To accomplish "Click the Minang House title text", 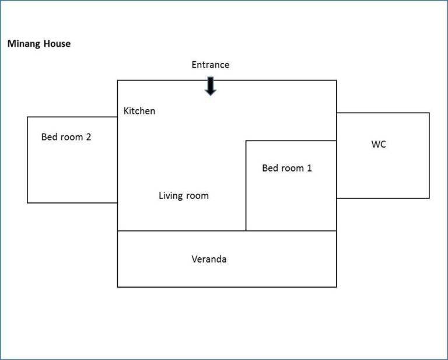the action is [x=39, y=44].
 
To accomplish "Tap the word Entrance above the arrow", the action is [x=210, y=65].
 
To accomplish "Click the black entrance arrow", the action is [x=211, y=86].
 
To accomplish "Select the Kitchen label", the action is [x=139, y=111].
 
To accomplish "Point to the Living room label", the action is [x=184, y=195].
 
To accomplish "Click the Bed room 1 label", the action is [x=287, y=168].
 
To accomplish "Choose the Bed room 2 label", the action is [x=66, y=137].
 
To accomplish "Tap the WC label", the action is [x=379, y=144].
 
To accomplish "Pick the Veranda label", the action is [x=209, y=259].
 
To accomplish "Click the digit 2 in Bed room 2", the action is [x=89, y=137].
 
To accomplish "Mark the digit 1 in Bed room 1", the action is [x=309, y=168].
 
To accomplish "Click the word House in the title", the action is [x=57, y=44].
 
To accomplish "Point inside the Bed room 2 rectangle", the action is [x=72, y=172].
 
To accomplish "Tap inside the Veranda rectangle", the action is [x=227, y=274].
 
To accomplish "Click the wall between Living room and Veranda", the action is [x=182, y=230].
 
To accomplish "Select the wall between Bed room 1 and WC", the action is [x=336, y=169].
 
